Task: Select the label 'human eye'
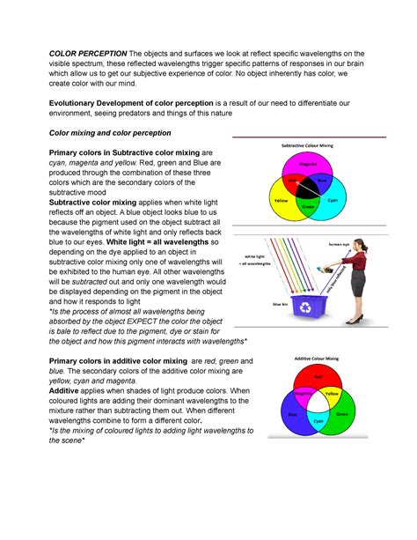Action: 339,244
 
